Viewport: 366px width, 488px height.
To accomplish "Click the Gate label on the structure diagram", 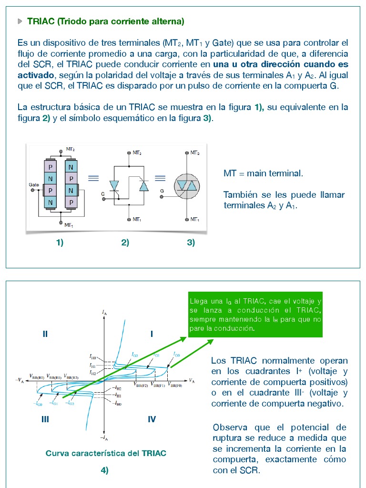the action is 34,184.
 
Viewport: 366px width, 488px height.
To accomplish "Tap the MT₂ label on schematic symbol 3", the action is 195,152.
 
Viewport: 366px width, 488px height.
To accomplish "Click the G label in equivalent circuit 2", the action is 102,194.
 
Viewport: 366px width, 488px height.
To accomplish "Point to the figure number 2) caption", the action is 125,243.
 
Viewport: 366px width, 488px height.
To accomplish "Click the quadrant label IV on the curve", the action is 152,419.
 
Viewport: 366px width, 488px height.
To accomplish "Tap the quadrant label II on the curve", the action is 45,334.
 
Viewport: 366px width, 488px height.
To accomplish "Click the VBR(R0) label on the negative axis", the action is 37,376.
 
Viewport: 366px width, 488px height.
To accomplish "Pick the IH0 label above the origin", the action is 93,356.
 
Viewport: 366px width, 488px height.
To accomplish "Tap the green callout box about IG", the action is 255,315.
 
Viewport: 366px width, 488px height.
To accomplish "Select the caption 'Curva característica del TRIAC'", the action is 106,453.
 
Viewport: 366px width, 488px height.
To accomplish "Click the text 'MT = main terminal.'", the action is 263,173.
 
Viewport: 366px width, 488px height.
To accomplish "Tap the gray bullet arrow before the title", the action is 20,21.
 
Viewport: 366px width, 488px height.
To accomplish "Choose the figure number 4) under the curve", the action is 105,470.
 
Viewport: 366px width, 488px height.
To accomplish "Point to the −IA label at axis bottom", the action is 103,437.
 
